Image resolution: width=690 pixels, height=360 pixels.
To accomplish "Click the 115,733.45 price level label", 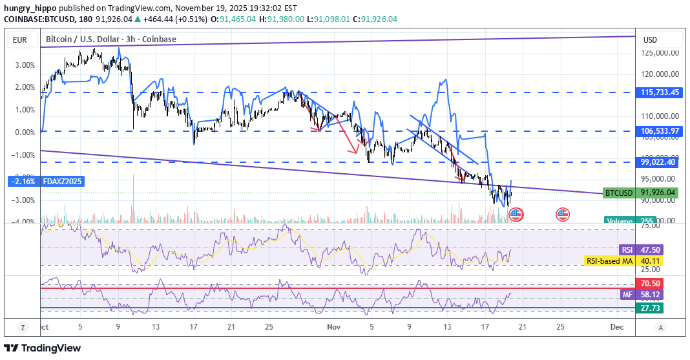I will point(658,92).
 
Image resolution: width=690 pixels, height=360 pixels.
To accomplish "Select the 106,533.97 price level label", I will point(658,131).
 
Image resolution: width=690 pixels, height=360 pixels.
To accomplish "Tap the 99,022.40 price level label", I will point(658,162).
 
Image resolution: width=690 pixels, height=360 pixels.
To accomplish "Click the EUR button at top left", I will point(19,40).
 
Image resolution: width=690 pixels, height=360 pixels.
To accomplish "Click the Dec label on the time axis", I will point(617,328).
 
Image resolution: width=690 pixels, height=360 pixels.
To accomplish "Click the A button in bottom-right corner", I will point(660,328).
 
